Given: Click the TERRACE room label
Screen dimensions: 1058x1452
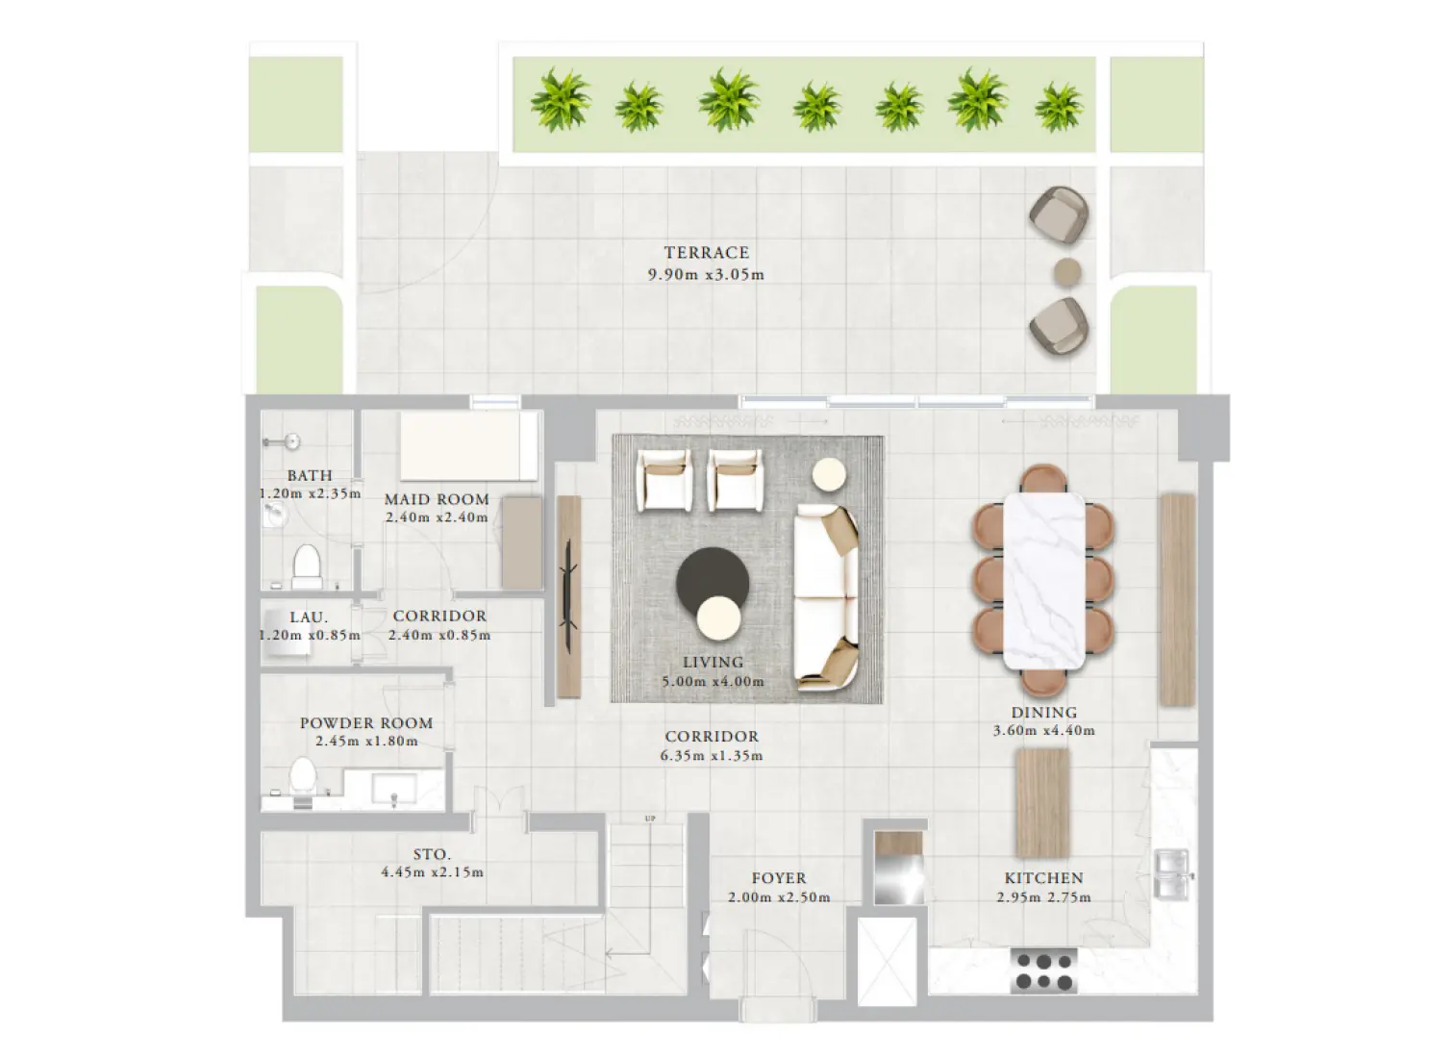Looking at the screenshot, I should pyautogui.click(x=706, y=253).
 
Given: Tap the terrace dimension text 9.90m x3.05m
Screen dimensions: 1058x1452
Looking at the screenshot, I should pyautogui.click(x=706, y=275).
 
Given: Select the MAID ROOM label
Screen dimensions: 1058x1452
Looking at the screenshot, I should pyautogui.click(x=437, y=499).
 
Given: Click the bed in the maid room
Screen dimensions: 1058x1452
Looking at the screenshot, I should pyautogui.click(x=468, y=447).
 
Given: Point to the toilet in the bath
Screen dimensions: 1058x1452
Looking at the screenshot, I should pyautogui.click(x=307, y=566).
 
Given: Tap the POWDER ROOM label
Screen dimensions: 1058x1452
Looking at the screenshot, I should pyautogui.click(x=366, y=723).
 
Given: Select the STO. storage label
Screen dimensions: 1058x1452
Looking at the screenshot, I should pyautogui.click(x=432, y=854).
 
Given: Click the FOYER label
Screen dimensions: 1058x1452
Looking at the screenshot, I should pyautogui.click(x=779, y=878).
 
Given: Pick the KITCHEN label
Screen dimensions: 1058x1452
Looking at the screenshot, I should pyautogui.click(x=1043, y=878).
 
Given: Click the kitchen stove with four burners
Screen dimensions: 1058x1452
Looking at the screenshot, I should pyautogui.click(x=1043, y=970).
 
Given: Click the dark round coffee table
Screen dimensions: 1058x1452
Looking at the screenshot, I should pyautogui.click(x=712, y=579).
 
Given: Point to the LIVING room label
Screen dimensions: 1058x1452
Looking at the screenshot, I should pyautogui.click(x=713, y=663).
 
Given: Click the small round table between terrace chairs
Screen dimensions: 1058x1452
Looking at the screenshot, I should pyautogui.click(x=1066, y=272).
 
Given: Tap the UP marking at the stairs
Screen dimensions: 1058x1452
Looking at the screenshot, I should pyautogui.click(x=650, y=819).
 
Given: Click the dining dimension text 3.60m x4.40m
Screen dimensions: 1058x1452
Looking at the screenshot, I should pyautogui.click(x=1043, y=731).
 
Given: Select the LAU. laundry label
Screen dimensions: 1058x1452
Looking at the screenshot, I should pyautogui.click(x=309, y=617).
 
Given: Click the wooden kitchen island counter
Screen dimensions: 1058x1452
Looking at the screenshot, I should pyautogui.click(x=1043, y=802).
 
